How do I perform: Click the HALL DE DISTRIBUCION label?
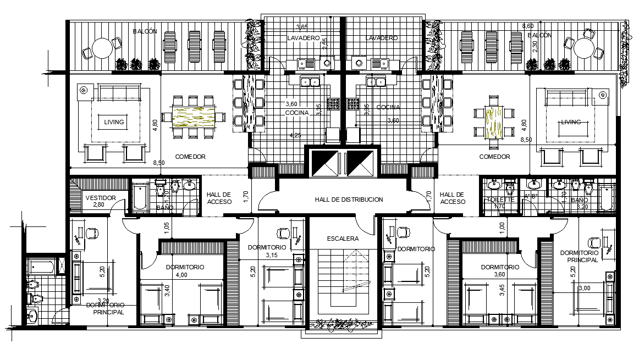coord(349,200)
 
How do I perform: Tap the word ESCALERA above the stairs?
coord(343,239)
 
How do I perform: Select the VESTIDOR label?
coord(100,198)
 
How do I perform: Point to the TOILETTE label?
coord(500,200)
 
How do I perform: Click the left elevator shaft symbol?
coord(326,162)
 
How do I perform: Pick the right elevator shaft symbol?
coord(361,162)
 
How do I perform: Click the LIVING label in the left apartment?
coord(114,122)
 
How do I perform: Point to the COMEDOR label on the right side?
coord(495,157)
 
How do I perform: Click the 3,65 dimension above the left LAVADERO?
coord(302,27)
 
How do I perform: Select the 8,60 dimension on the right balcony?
coord(527,26)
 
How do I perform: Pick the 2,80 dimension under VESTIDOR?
coord(98,204)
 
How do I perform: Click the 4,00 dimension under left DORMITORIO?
coord(181,274)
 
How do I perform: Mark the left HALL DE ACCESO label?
coord(219,198)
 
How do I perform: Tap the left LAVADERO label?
coord(303,38)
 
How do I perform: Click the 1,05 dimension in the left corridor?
coord(166,225)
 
